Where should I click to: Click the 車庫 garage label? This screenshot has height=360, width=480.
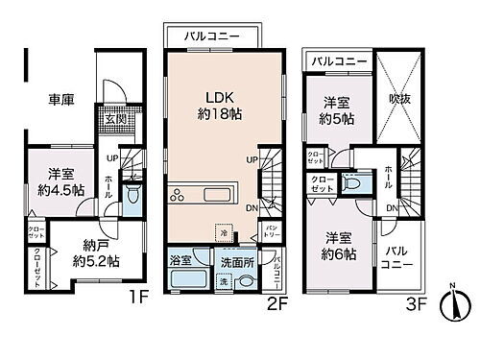point(63,98)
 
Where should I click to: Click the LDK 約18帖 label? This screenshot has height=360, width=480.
point(225,103)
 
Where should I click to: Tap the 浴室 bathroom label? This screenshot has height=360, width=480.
point(181,259)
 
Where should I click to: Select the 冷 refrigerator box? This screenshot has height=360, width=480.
point(223,233)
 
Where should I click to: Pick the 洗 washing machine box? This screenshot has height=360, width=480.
point(224,282)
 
